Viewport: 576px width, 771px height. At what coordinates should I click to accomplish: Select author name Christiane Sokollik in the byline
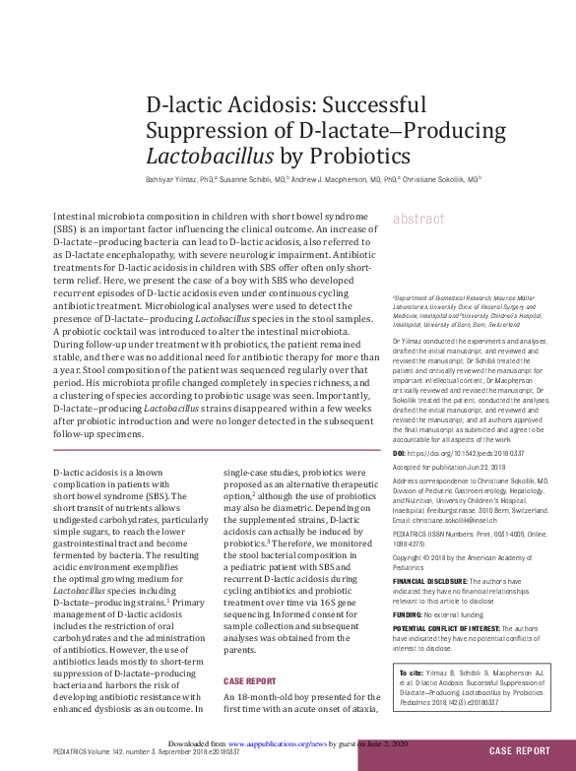[x=433, y=180]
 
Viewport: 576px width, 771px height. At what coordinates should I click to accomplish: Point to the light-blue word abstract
[x=419, y=220]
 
